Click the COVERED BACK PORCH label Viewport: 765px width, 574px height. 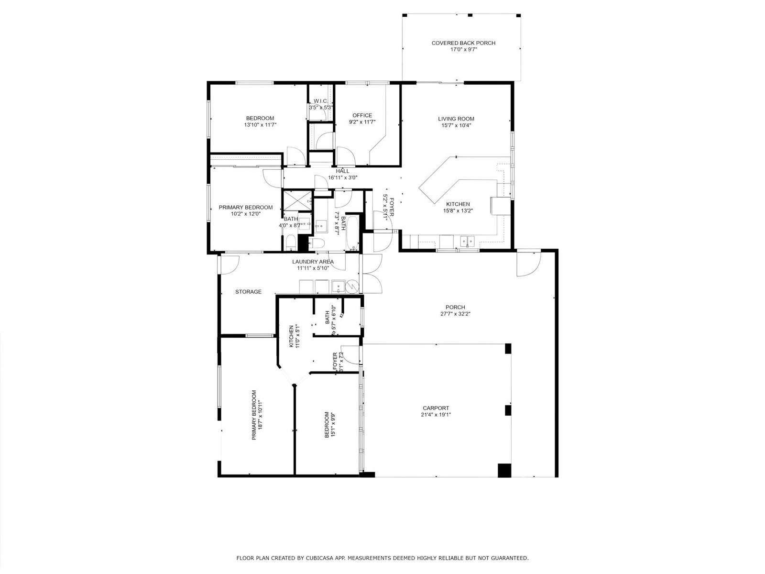point(463,43)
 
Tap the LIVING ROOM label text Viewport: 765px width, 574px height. point(456,119)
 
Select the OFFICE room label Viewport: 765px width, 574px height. point(362,115)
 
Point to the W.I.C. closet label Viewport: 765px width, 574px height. point(320,101)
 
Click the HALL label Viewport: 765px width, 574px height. point(343,171)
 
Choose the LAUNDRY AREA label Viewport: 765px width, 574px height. point(313,262)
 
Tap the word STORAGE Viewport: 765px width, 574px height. point(248,292)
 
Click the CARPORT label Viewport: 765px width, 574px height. point(436,408)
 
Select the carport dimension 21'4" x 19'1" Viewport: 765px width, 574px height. point(436,415)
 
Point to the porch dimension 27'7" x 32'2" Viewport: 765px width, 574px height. point(455,314)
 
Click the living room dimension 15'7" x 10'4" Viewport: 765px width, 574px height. point(456,125)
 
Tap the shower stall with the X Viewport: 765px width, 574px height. point(297,201)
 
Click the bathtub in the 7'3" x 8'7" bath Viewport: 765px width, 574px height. point(352,233)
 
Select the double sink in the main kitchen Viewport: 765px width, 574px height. point(467,241)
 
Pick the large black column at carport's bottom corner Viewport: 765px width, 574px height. point(504,470)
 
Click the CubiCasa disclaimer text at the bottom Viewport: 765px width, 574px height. point(382,558)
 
